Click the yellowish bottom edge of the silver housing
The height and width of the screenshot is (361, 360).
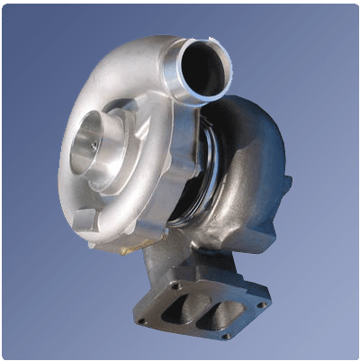(117, 241)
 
